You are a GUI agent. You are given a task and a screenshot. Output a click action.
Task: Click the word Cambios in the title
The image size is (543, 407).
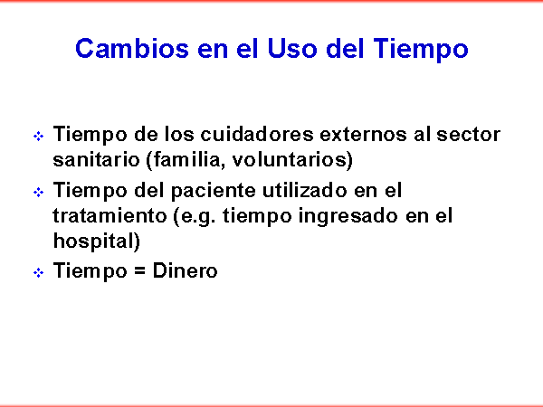pyautogui.click(x=132, y=48)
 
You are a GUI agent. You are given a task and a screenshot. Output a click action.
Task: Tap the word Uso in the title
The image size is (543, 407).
pyautogui.click(x=292, y=48)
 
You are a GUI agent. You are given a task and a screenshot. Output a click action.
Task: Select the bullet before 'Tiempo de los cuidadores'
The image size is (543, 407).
pyautogui.click(x=38, y=136)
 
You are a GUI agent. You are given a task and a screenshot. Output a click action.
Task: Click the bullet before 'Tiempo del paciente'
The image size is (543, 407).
pyautogui.click(x=38, y=192)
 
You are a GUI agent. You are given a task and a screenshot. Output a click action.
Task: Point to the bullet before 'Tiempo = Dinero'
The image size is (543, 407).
pyautogui.click(x=38, y=273)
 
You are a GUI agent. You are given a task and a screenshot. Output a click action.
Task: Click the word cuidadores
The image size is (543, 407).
pyautogui.click(x=257, y=134)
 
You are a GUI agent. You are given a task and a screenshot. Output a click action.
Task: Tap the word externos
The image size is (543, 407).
pyautogui.click(x=363, y=134)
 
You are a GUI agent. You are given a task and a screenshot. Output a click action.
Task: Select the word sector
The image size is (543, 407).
pyautogui.click(x=468, y=135)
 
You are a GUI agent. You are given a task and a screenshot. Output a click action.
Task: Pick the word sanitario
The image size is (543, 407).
pyautogui.click(x=96, y=159)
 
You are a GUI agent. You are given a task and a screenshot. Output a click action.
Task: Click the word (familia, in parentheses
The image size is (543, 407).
pyautogui.click(x=186, y=160)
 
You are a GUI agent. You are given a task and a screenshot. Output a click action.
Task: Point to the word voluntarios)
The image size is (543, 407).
pyautogui.click(x=292, y=160)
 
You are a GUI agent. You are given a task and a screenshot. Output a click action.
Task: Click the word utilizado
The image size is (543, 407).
pyautogui.click(x=304, y=190)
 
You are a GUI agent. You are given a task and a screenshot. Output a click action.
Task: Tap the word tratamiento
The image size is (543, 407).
pyautogui.click(x=110, y=216)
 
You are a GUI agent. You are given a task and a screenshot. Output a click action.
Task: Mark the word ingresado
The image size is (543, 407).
pyautogui.click(x=348, y=217)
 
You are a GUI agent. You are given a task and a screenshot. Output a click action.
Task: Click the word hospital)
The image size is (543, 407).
pyautogui.click(x=97, y=241)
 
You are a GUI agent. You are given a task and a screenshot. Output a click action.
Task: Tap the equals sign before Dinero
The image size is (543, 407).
pyautogui.click(x=139, y=271)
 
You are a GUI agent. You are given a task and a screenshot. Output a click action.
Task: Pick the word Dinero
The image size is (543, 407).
pyautogui.click(x=185, y=270)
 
